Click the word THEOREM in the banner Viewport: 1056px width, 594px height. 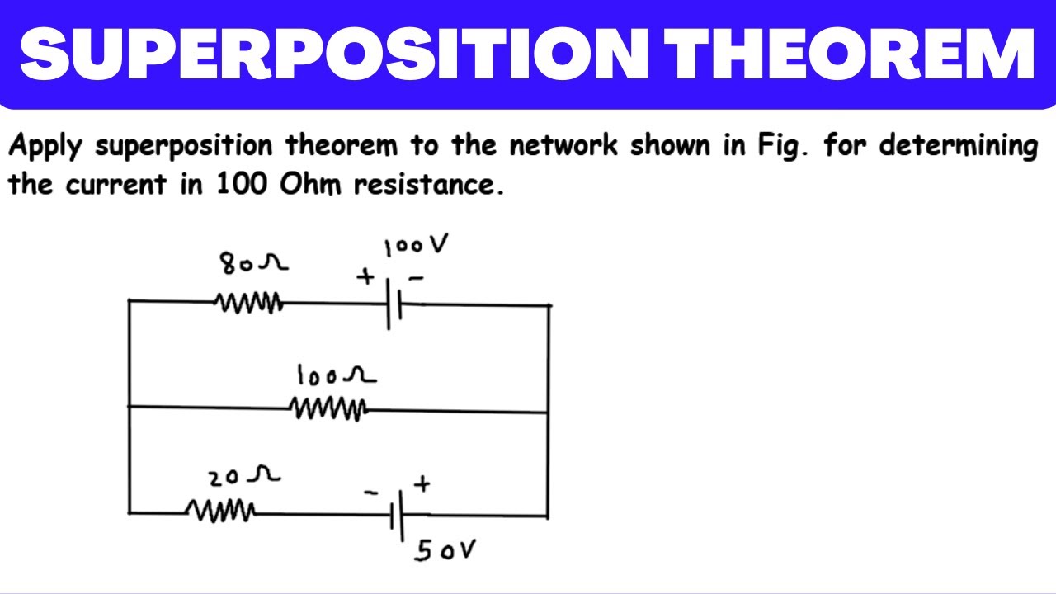(x=850, y=54)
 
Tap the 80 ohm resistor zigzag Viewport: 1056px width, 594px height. (x=248, y=303)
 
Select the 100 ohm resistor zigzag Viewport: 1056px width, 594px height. (x=328, y=409)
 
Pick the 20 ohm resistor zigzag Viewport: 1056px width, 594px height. (x=220, y=511)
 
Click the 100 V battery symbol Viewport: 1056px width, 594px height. (x=394, y=304)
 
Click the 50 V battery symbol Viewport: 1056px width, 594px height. (x=397, y=516)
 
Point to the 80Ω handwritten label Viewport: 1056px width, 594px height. (x=253, y=263)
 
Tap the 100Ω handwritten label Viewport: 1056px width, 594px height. (x=337, y=375)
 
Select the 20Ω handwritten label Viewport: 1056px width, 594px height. (x=244, y=477)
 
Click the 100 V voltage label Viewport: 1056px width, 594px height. (x=416, y=245)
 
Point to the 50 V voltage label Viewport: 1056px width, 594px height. (x=445, y=550)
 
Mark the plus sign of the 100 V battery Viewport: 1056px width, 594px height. (x=365, y=276)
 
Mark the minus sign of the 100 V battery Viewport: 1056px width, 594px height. (x=417, y=278)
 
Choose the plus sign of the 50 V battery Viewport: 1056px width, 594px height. (x=422, y=483)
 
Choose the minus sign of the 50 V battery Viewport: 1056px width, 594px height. (x=371, y=493)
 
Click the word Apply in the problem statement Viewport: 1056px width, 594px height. (x=45, y=146)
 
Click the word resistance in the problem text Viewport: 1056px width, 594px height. (x=429, y=184)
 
